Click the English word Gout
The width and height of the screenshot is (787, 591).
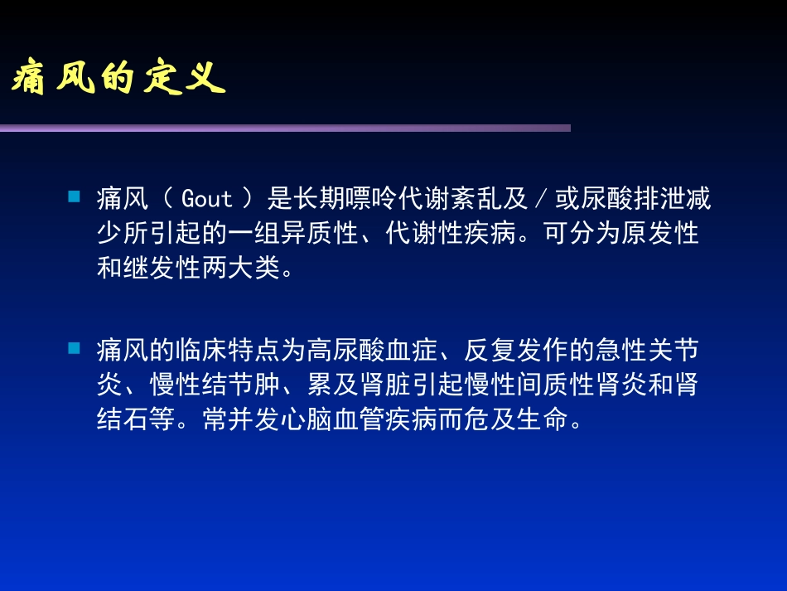(x=206, y=200)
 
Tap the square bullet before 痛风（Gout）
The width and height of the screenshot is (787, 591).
(x=74, y=197)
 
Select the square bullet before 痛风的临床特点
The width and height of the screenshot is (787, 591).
(x=74, y=349)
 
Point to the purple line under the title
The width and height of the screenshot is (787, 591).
(x=285, y=128)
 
